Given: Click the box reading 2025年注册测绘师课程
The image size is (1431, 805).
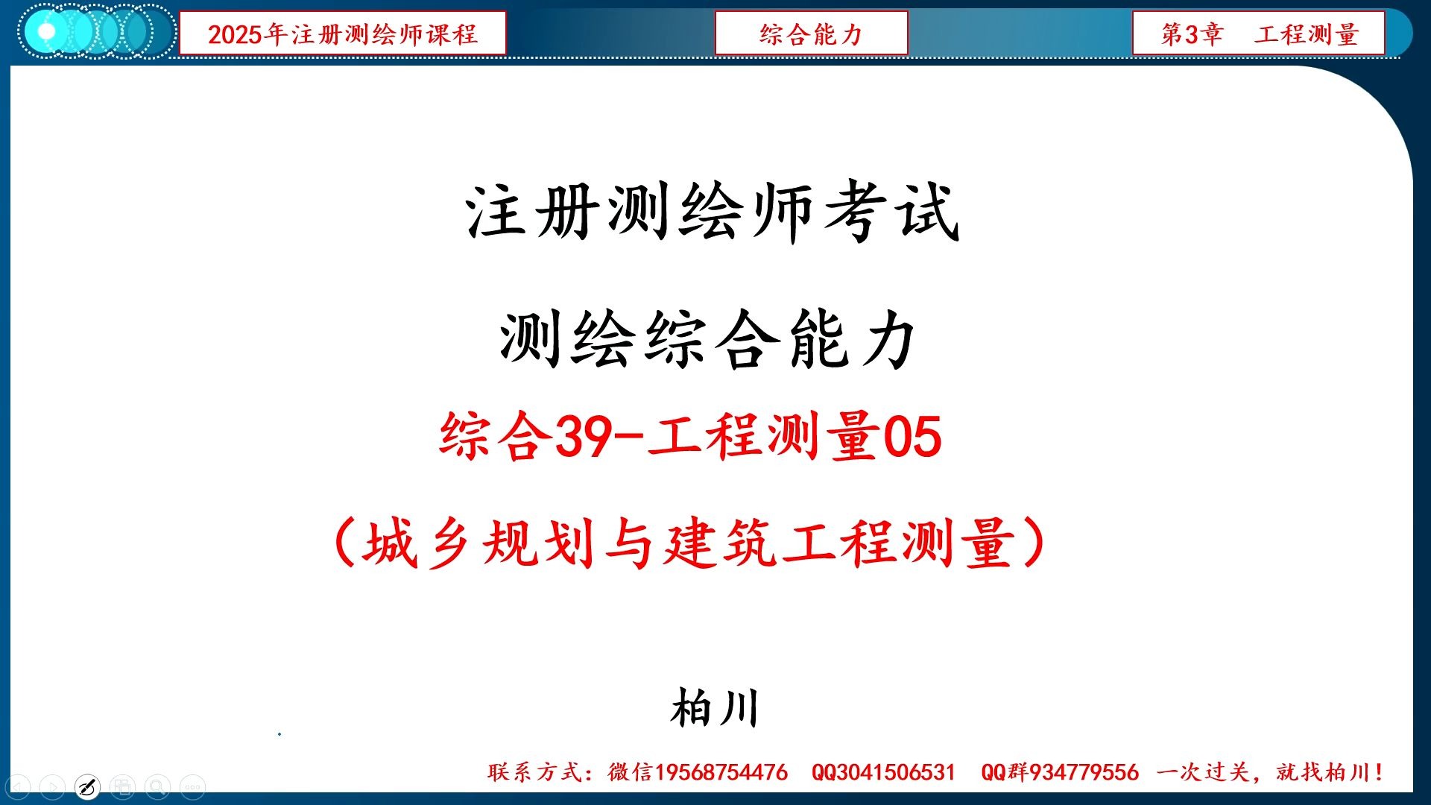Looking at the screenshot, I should tap(342, 34).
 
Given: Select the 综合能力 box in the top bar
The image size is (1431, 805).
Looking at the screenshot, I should tap(811, 34).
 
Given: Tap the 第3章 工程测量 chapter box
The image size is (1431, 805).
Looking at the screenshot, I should tap(1258, 34).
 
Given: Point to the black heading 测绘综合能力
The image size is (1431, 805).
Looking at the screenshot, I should tap(708, 340).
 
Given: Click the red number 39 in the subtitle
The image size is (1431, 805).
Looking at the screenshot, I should tap(584, 437).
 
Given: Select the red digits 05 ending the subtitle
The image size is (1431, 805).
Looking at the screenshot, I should tap(912, 437).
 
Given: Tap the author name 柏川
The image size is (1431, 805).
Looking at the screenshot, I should tap(714, 708).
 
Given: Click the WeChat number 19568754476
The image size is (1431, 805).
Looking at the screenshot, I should tap(721, 772).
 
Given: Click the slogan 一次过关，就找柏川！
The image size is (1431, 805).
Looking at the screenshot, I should tap(1270, 772).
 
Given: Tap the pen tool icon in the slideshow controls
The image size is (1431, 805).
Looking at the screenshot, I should tap(87, 787).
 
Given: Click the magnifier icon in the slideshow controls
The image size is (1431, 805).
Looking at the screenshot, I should tap(157, 787).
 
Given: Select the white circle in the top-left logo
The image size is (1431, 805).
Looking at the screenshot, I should tap(46, 32).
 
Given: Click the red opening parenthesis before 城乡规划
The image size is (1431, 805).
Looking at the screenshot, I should tap(344, 543).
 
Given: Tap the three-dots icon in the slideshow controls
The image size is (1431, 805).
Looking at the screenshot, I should tap(192, 787).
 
